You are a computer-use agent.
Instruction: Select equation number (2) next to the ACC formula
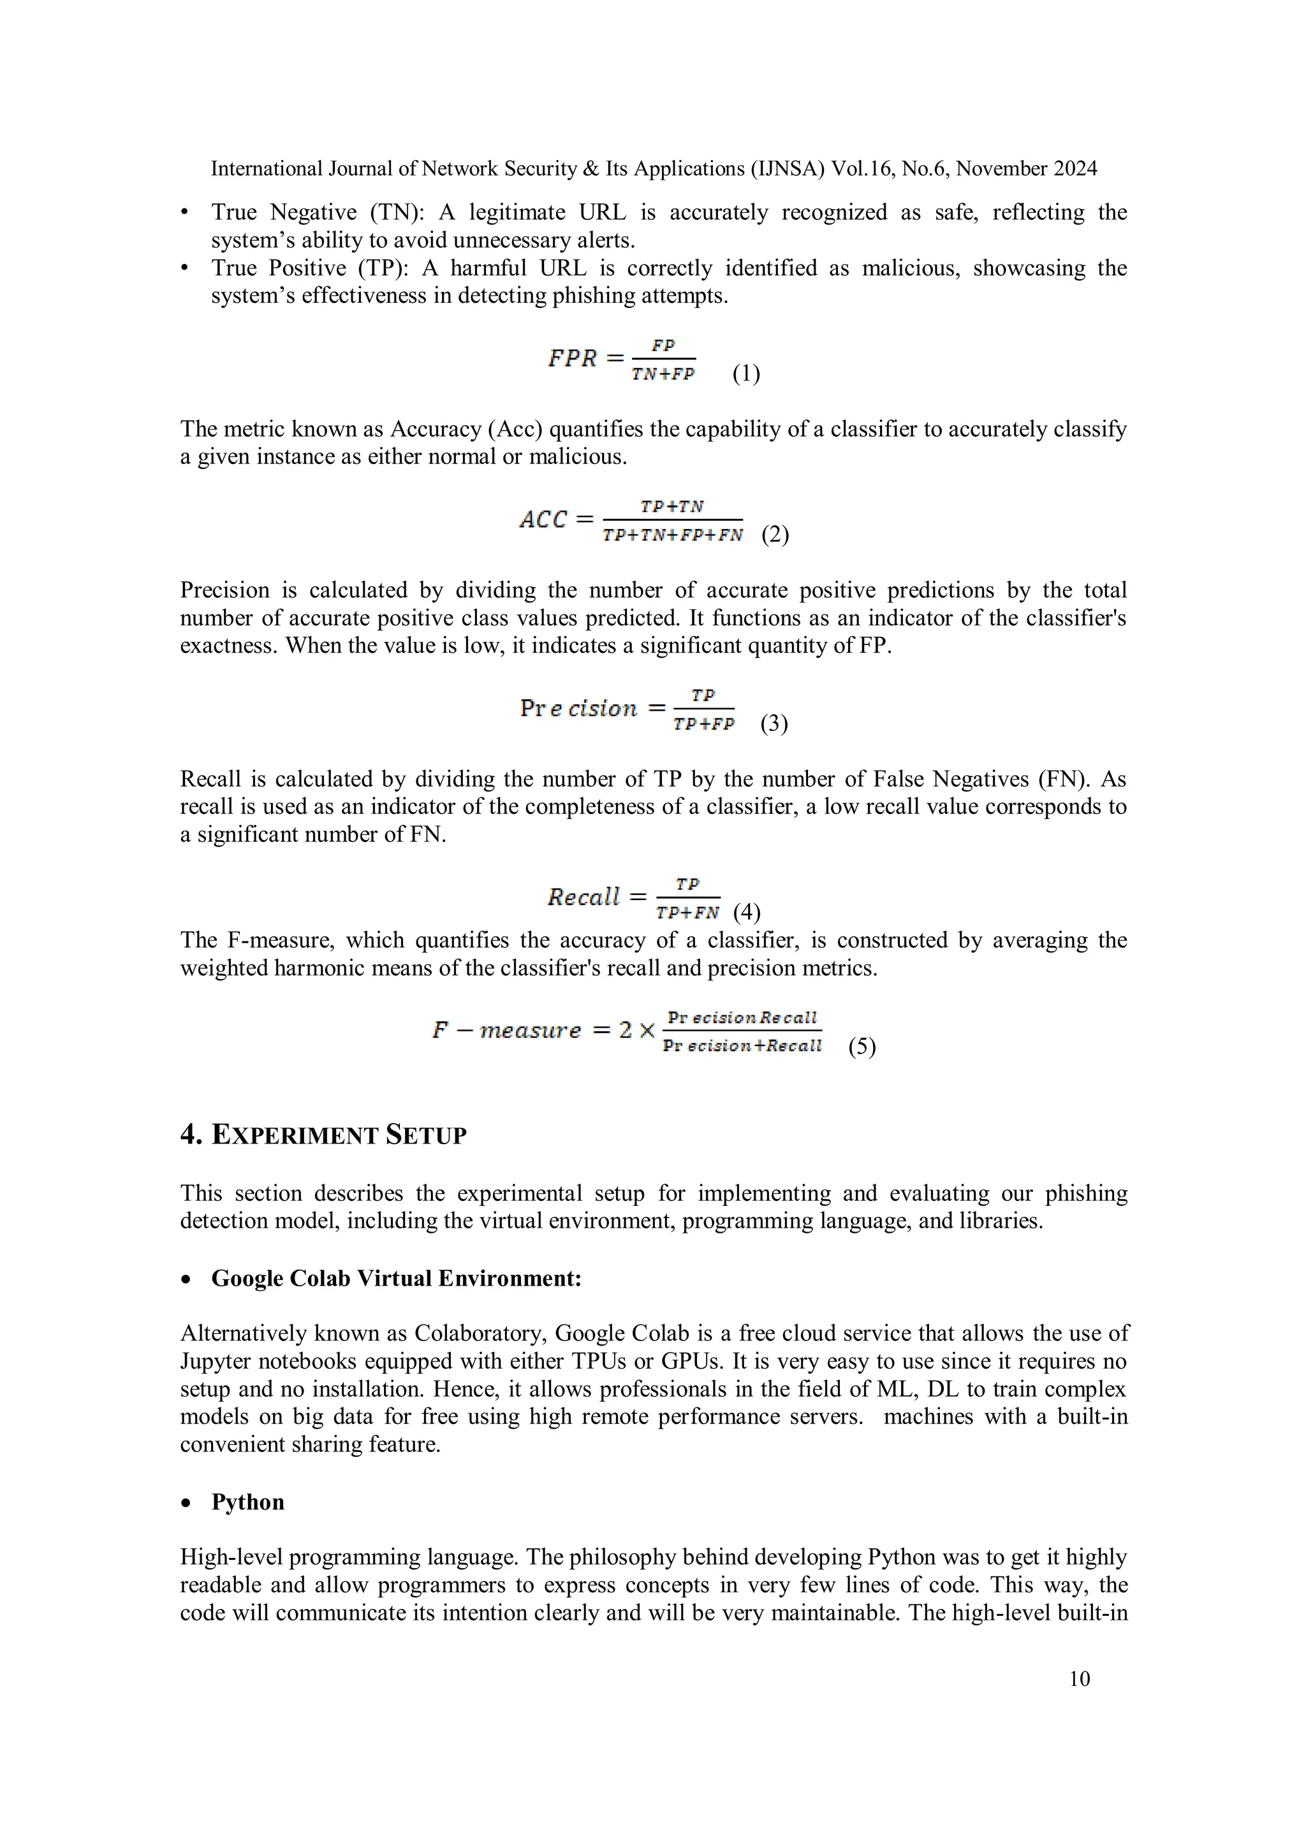(x=775, y=534)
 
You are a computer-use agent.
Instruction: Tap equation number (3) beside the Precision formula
(x=774, y=723)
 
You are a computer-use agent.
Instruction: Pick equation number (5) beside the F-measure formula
(x=862, y=1046)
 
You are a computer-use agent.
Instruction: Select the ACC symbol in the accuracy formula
(x=543, y=520)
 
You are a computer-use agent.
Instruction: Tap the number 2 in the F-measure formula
(x=626, y=1030)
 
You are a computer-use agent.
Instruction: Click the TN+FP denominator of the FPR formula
(x=663, y=374)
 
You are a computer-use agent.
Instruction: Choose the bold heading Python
(x=247, y=1502)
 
